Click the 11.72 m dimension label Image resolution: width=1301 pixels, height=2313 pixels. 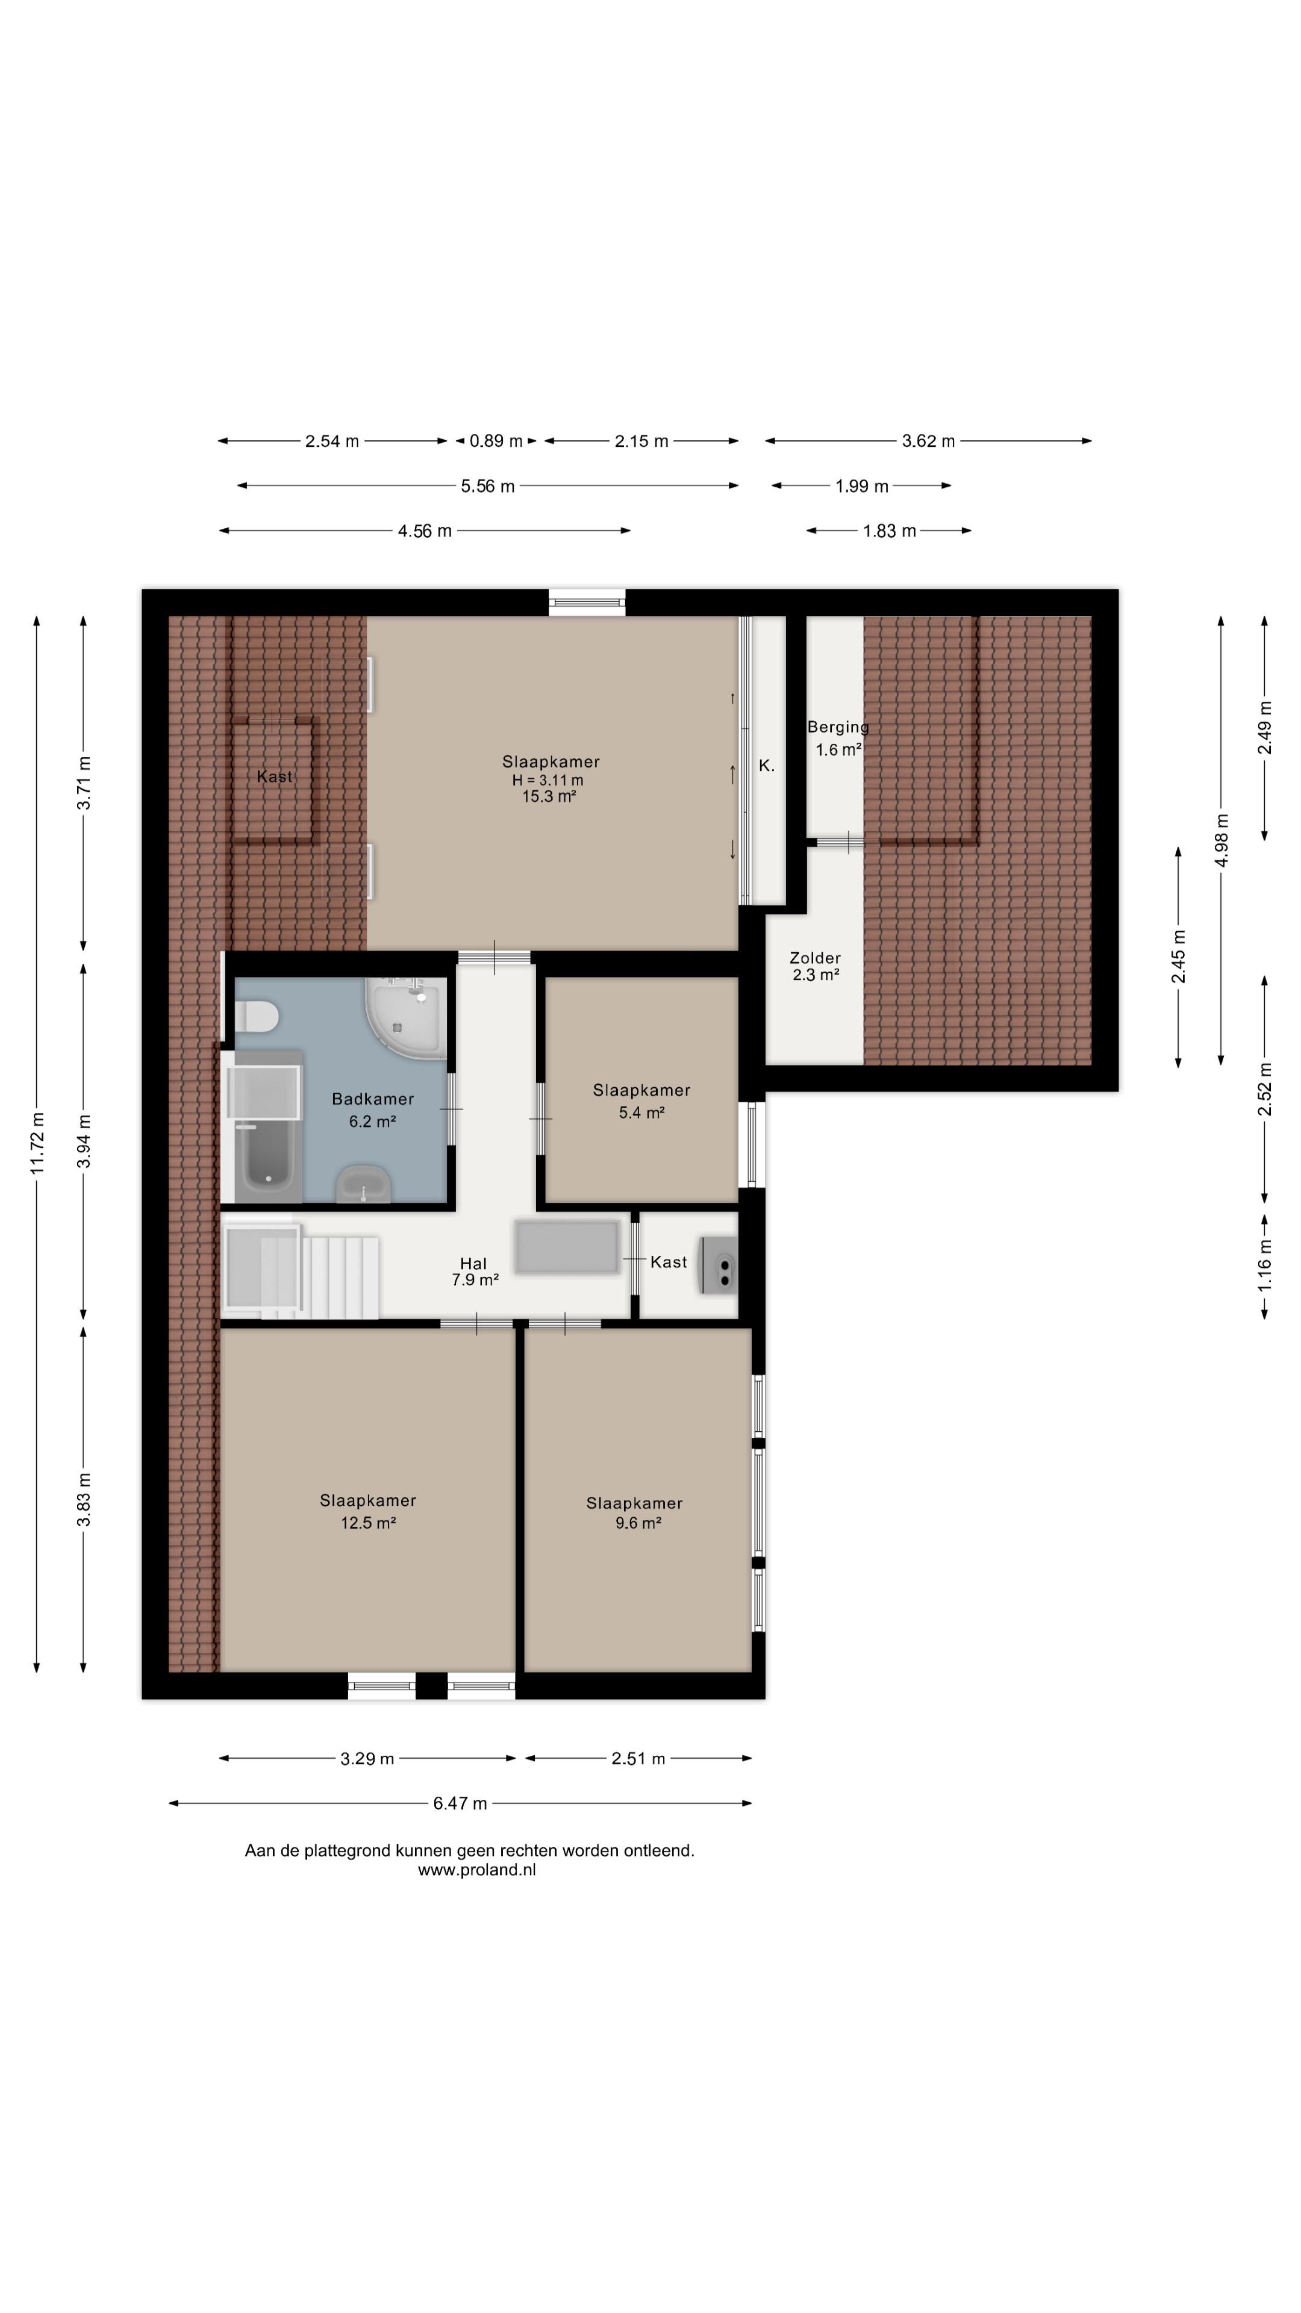point(37,1142)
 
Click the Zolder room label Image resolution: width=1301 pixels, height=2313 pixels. point(816,958)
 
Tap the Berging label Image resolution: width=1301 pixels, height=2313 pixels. point(838,727)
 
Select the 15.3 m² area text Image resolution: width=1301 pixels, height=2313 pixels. point(549,796)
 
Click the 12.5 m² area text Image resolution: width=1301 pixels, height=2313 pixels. point(368,1523)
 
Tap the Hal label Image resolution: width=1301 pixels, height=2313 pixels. point(473,1263)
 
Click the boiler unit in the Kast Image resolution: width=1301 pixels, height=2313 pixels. point(719,1265)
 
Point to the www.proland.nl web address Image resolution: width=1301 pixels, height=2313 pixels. point(477,1870)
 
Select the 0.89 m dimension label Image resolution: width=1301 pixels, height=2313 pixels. point(496,441)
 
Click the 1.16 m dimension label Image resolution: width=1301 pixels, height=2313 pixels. point(1265,1266)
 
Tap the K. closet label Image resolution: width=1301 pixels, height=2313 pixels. point(767,766)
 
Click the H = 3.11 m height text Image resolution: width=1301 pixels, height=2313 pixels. point(548,780)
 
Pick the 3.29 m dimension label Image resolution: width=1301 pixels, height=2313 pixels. point(367,1758)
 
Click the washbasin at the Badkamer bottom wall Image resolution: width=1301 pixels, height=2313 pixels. point(364,1184)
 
